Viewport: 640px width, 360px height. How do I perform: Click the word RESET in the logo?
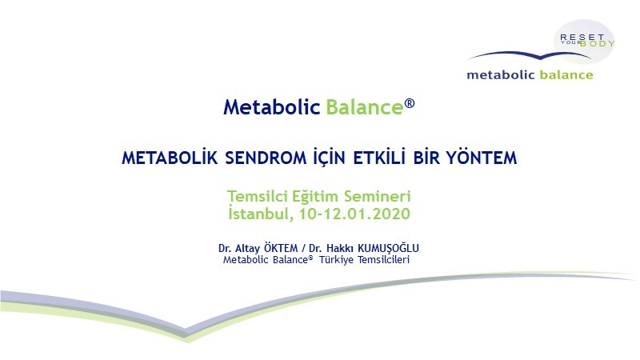coord(582,37)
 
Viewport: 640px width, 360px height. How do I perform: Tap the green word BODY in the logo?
coord(598,43)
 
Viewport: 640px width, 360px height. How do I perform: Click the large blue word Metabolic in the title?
coord(271,107)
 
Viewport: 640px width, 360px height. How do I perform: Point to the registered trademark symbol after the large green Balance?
coord(410,103)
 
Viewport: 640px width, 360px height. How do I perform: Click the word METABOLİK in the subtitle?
coord(170,158)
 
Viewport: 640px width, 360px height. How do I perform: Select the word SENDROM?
coord(266,158)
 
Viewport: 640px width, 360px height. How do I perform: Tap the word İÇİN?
coord(329,158)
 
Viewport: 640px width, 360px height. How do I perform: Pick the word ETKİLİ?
coord(379,158)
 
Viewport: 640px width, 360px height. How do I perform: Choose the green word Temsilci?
coord(258,196)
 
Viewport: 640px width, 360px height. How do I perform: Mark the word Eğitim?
coord(315,197)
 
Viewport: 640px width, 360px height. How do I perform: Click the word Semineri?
coord(377,196)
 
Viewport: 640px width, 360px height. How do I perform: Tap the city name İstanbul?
coord(261,214)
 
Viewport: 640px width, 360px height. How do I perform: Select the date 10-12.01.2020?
coord(354,214)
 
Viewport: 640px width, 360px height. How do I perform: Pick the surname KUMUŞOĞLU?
coord(388,248)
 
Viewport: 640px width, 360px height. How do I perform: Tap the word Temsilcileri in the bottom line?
coord(384,259)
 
